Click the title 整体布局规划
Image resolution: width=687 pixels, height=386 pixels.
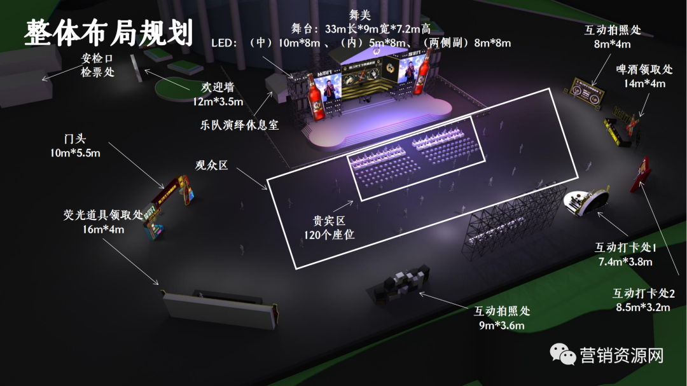pyautogui.click(x=108, y=32)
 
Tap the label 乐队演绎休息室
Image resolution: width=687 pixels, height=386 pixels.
pyautogui.click(x=239, y=125)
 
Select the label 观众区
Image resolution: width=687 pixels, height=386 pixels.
pyautogui.click(x=211, y=166)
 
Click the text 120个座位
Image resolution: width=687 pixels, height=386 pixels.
pyautogui.click(x=329, y=235)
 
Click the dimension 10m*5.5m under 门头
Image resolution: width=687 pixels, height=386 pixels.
pyautogui.click(x=74, y=153)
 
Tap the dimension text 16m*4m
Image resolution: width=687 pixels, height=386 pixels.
pyautogui.click(x=102, y=229)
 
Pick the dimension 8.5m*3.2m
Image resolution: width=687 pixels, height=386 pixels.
pyautogui.click(x=644, y=308)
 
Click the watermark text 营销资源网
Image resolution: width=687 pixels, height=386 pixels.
pyautogui.click(x=621, y=355)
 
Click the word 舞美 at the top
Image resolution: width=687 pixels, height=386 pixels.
pyautogui.click(x=359, y=15)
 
